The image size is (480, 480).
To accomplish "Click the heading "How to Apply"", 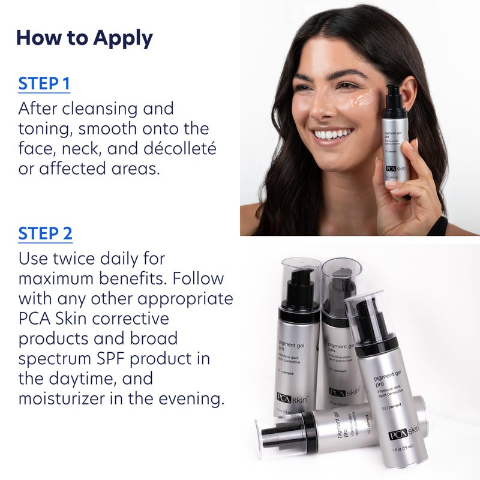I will click(84, 38).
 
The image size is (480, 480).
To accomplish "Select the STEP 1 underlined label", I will click(44, 83).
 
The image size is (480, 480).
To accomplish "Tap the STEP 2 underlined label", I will click(45, 233).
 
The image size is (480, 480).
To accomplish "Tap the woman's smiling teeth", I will click(333, 134).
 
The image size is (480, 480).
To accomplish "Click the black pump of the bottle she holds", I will click(394, 97).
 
